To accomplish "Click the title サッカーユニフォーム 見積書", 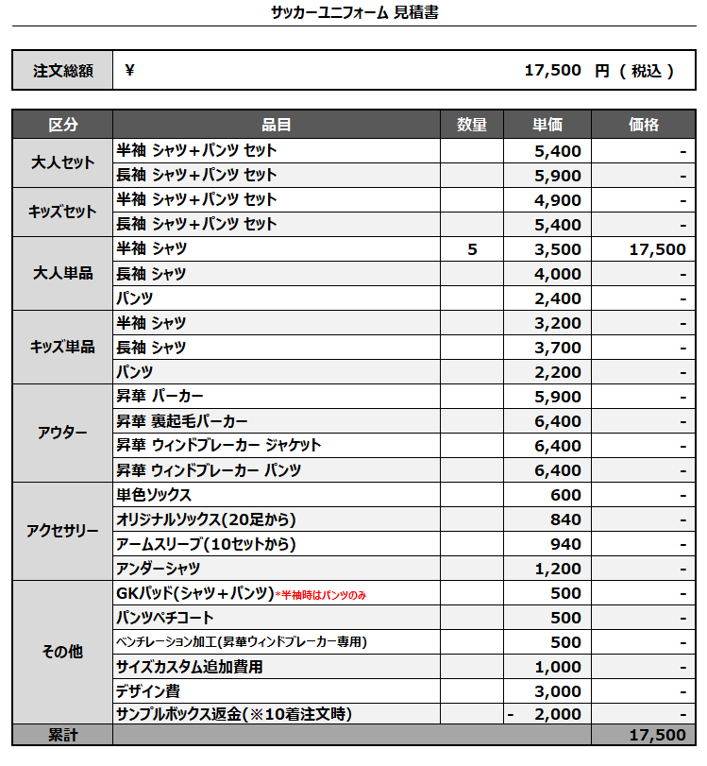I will click(354, 12).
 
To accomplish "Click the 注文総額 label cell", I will click(61, 71).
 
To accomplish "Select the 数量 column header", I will click(472, 125).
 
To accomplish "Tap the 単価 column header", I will click(547, 125).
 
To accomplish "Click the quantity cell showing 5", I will click(472, 249).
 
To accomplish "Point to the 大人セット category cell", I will click(62, 162).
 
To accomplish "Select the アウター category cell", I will click(62, 433).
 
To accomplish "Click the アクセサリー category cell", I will click(62, 531).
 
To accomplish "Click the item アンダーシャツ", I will click(159, 569).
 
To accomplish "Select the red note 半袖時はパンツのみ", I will click(320, 594).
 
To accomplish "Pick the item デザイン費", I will click(148, 690).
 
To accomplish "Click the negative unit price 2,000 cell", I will click(547, 715).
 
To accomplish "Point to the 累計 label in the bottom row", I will click(62, 735).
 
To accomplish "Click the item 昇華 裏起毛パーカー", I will click(182, 421).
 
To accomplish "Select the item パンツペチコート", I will click(165, 618).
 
